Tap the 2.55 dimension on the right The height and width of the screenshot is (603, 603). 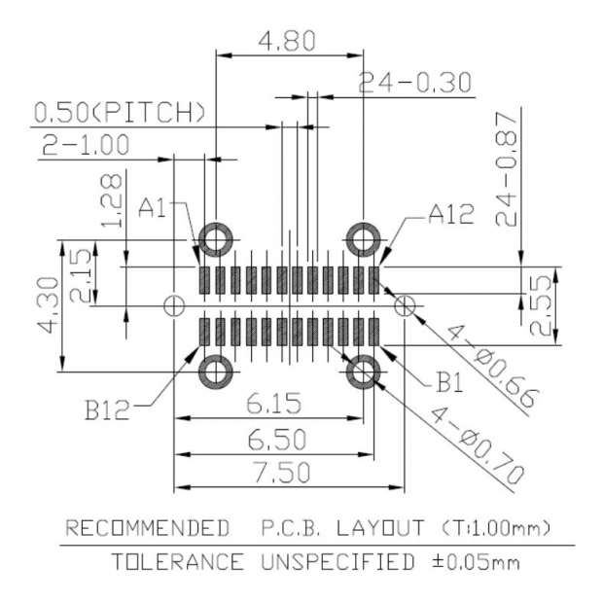click(544, 305)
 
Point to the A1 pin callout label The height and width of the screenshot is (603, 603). click(155, 207)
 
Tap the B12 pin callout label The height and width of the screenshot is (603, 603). click(106, 409)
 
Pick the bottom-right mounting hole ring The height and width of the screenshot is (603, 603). click(364, 371)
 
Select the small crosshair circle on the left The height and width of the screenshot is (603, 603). click(174, 305)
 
